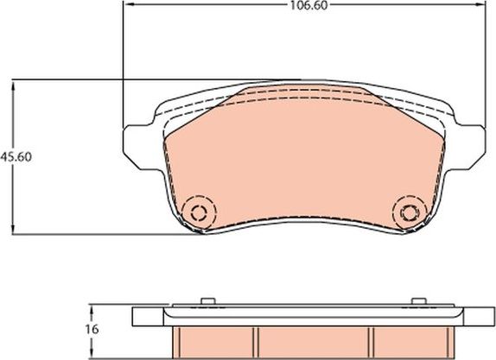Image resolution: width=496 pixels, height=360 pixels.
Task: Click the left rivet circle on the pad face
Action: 200,213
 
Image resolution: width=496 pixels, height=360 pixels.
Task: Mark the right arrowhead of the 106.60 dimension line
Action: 480,5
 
